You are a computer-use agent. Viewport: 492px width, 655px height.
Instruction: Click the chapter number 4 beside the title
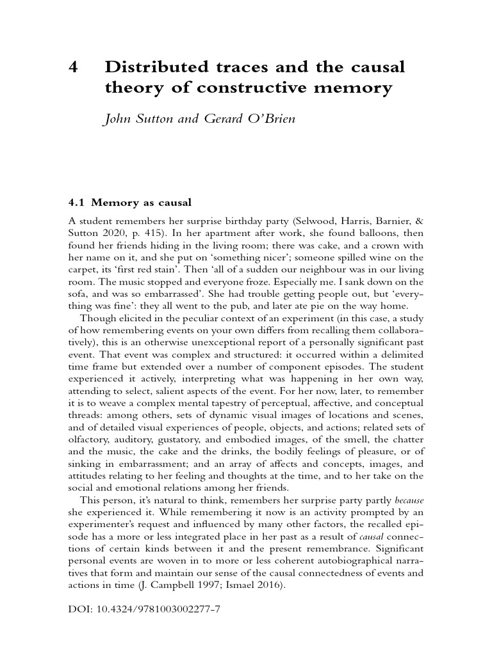pyautogui.click(x=73, y=67)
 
